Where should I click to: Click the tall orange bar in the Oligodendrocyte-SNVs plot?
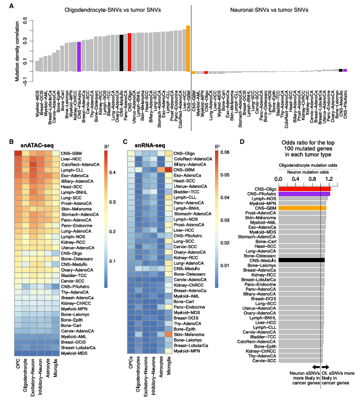pyautogui.click(x=188, y=49)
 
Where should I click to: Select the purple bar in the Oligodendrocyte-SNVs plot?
pyautogui.click(x=79, y=56)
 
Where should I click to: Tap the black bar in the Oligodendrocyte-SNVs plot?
pyautogui.click(x=121, y=53)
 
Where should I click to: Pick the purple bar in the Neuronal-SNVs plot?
pyautogui.click(x=345, y=70)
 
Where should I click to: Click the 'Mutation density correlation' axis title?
pyautogui.click(x=16, y=51)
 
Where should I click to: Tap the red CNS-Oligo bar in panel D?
pyautogui.click(x=304, y=188)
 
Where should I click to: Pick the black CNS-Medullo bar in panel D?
pyautogui.click(x=301, y=260)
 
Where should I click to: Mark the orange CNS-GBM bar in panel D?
pyautogui.click(x=302, y=207)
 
